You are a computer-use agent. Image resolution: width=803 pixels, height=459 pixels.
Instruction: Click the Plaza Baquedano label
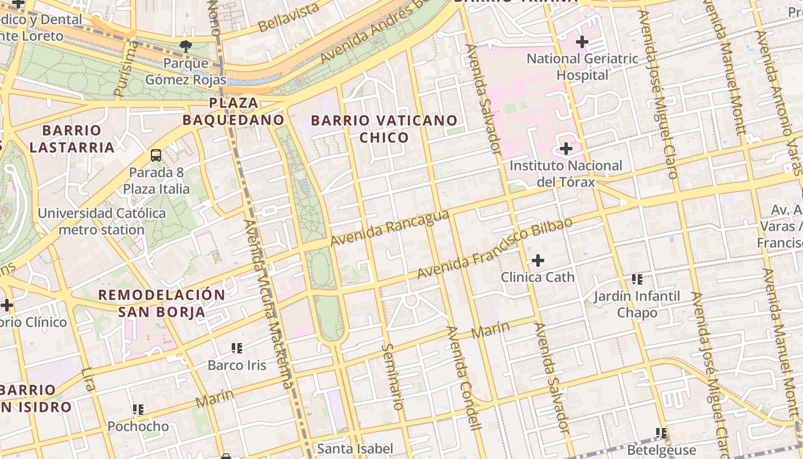[x=233, y=111]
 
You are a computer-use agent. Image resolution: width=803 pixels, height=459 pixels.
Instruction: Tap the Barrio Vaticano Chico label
[x=384, y=129]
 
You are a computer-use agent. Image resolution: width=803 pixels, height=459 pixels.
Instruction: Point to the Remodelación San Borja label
[x=162, y=304]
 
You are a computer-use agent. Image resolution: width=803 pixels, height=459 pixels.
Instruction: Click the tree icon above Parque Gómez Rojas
[x=185, y=46]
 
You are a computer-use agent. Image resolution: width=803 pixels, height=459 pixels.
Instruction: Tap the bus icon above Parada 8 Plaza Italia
[x=155, y=155]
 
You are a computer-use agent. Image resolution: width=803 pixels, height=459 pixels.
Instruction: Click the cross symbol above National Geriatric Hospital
[x=582, y=42]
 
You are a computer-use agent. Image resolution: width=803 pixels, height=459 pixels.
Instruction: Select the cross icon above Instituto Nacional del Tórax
[x=566, y=149]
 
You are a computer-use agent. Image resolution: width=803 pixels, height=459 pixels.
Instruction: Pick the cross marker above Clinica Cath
[x=537, y=260]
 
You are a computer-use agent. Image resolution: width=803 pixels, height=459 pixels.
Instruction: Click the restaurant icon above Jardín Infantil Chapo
[x=637, y=279]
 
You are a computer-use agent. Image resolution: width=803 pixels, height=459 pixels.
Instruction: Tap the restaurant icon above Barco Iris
[x=237, y=348]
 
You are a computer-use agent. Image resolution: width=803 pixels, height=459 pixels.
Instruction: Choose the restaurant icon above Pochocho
[x=138, y=410]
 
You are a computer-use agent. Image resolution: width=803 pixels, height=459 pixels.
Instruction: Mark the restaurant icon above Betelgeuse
[x=661, y=433]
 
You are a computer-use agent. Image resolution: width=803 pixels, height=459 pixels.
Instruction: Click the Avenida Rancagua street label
[x=390, y=228]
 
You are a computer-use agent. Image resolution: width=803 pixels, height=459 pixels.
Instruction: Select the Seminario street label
[x=393, y=376]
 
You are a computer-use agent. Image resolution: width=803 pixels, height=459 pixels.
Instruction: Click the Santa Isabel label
[x=355, y=449]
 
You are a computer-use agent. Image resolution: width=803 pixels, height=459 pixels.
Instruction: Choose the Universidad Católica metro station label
[x=102, y=221]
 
